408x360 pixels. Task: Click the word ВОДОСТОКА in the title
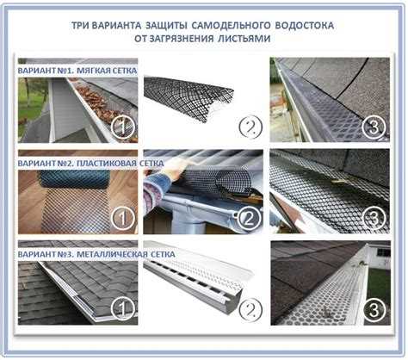pyautogui.click(x=305, y=25)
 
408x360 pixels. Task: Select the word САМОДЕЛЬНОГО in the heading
pyautogui.click(x=231, y=25)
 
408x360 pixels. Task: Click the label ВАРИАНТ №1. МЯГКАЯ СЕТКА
pyautogui.click(x=77, y=71)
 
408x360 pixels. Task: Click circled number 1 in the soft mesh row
pyautogui.click(x=123, y=127)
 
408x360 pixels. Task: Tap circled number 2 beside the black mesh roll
pyautogui.click(x=250, y=127)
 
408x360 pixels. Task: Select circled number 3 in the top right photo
pyautogui.click(x=374, y=127)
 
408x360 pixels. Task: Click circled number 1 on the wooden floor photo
pyautogui.click(x=123, y=219)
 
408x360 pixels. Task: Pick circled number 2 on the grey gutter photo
pyautogui.click(x=249, y=219)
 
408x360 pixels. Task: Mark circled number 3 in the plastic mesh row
pyautogui.click(x=374, y=219)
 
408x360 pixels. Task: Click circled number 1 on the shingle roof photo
pyautogui.click(x=123, y=310)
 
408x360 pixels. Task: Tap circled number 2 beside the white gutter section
pyautogui.click(x=250, y=310)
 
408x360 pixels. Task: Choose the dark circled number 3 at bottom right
pyautogui.click(x=374, y=310)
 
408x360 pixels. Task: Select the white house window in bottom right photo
pyautogui.click(x=383, y=252)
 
